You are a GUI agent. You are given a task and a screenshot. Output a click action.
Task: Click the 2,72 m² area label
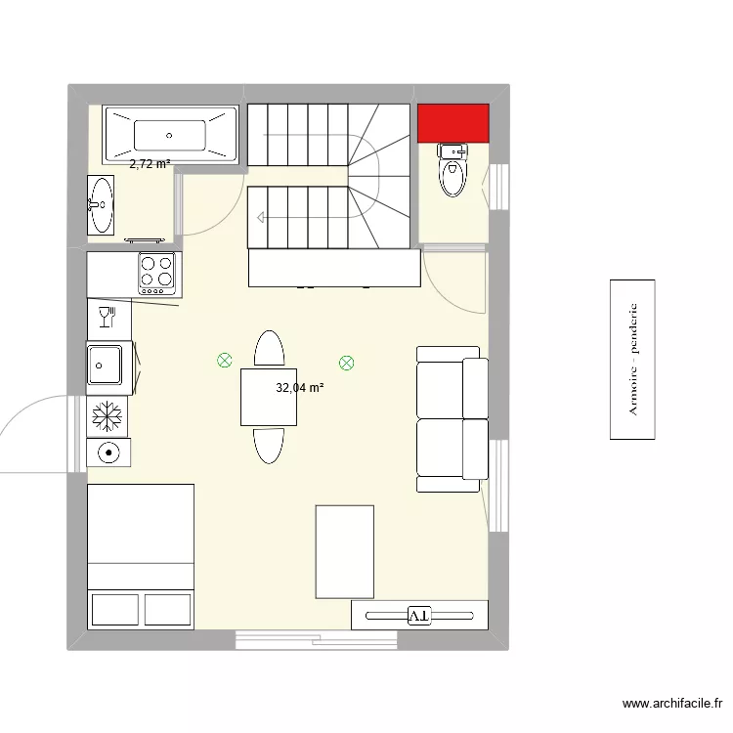tap(151, 165)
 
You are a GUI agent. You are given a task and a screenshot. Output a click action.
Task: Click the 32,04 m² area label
tap(299, 388)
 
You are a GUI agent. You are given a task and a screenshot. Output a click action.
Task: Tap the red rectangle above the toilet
tap(453, 122)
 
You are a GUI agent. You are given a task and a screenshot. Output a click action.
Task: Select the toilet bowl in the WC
tap(453, 177)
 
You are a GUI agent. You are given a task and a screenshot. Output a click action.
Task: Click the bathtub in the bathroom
tap(170, 134)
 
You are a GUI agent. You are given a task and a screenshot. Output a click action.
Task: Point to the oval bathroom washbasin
tap(101, 204)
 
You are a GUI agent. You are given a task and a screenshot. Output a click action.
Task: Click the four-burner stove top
tap(156, 274)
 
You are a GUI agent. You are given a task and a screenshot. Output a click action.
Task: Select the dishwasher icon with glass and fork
tap(108, 316)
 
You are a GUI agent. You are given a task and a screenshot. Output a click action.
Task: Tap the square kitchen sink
tap(106, 366)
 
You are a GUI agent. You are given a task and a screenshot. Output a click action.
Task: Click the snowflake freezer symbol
tap(108, 417)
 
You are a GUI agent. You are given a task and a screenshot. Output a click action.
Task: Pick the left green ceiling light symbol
tap(224, 361)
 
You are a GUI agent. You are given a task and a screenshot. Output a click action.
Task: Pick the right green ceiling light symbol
tap(346, 364)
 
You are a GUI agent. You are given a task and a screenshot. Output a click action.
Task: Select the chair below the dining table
tap(269, 445)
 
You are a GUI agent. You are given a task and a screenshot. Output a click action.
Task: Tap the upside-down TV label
tap(418, 615)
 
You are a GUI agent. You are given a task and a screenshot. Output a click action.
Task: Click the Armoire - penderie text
tap(632, 359)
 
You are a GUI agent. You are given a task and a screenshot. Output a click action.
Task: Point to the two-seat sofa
tap(453, 418)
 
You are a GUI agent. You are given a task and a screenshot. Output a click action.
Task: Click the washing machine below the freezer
tap(108, 452)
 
